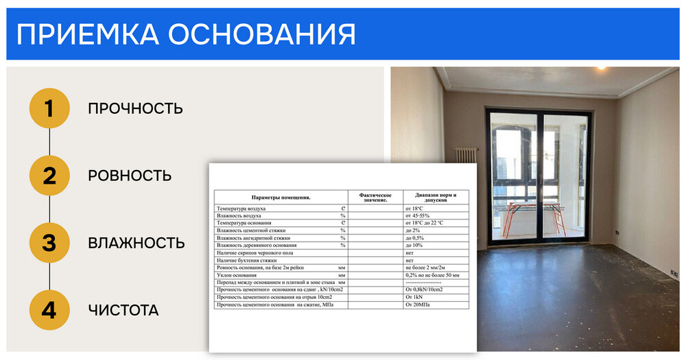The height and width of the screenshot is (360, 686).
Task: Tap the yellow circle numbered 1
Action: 49,108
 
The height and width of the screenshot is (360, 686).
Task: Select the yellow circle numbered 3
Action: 49,243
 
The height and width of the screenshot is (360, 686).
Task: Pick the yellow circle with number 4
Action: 49,310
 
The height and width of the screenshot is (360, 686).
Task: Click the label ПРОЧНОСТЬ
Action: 135,108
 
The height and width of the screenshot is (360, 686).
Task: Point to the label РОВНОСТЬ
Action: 129,176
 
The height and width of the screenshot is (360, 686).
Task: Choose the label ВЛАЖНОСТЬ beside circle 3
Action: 137,243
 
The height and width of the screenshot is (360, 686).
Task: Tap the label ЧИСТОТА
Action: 123,310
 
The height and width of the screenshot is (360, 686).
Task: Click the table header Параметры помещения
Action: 281,197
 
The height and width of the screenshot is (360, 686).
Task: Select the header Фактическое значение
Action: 375,197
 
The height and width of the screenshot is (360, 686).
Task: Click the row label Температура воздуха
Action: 241,208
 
